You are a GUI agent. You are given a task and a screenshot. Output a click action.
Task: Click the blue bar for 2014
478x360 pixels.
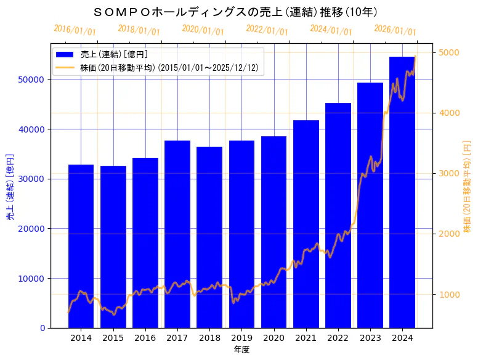click(81, 246)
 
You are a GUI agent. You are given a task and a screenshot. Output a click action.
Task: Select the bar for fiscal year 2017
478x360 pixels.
click(177, 234)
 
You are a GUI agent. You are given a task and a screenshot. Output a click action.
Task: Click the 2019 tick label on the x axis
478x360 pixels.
click(241, 338)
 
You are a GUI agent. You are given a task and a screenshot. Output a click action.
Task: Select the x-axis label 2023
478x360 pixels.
click(370, 338)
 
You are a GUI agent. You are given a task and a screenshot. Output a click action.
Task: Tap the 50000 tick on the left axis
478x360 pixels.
click(33, 80)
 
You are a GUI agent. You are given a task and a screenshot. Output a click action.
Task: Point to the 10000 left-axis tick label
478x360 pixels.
click(33, 278)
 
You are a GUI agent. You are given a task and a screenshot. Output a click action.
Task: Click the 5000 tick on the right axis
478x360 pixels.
click(447, 52)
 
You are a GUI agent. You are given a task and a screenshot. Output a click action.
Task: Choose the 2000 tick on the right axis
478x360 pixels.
click(447, 234)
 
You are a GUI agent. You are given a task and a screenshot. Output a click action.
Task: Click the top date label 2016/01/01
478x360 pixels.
click(75, 30)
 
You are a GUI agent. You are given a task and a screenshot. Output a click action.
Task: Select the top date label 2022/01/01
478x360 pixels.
click(267, 30)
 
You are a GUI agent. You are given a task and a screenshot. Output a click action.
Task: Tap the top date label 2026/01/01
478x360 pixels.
click(395, 30)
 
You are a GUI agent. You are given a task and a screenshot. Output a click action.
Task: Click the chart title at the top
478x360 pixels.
click(235, 12)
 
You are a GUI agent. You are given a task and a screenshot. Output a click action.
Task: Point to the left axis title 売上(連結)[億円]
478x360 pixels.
click(10, 186)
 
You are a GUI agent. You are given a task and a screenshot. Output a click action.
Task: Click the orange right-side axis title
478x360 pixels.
click(467, 186)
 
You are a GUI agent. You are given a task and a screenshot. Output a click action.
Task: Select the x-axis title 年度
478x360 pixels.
click(241, 350)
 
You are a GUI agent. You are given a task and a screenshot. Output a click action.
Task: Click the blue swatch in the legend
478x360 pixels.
click(65, 55)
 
